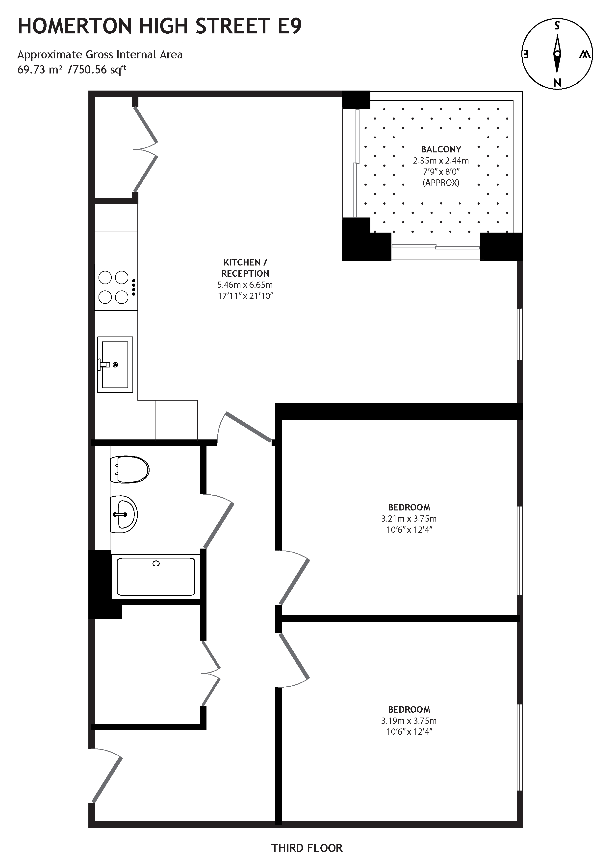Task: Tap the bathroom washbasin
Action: [124, 514]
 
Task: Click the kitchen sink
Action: [115, 364]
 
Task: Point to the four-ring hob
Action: [113, 287]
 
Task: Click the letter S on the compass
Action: [557, 26]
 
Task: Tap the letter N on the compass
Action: [557, 82]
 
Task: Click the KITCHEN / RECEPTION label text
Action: [245, 268]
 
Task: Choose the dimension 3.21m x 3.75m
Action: [409, 519]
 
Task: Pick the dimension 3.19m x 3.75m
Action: [409, 721]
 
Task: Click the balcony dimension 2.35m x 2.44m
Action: [441, 161]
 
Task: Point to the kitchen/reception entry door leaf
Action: [249, 427]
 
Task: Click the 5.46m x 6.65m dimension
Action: [245, 285]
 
